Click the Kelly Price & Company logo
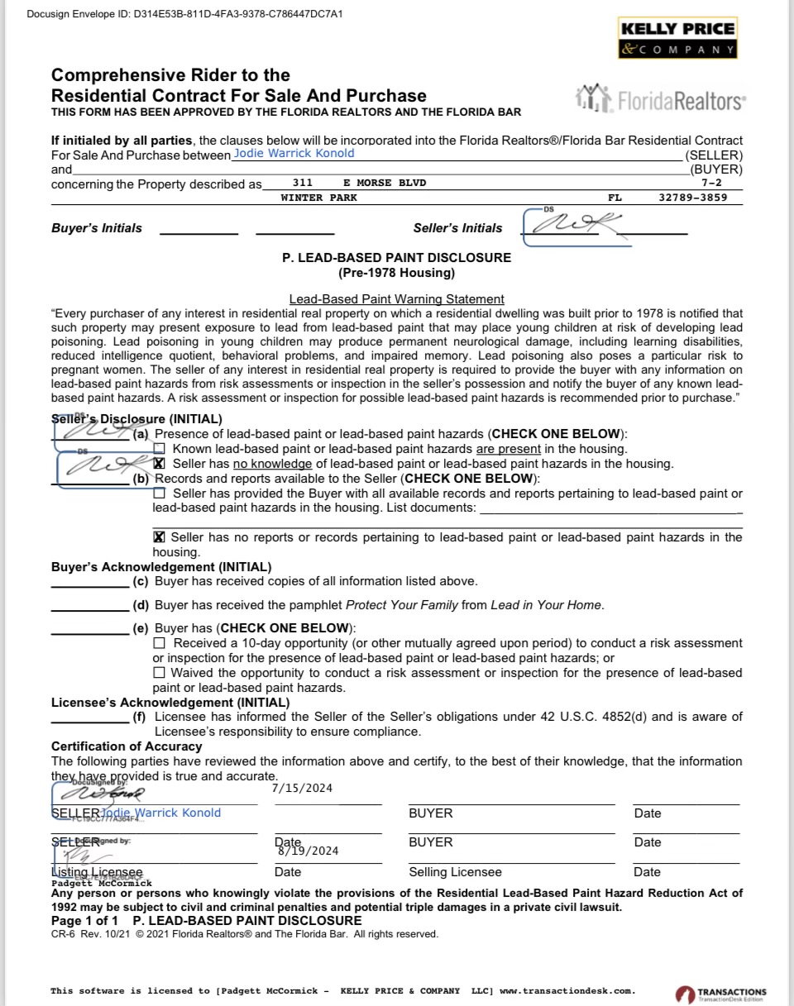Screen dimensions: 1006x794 click(x=677, y=39)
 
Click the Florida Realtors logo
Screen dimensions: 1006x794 click(x=659, y=100)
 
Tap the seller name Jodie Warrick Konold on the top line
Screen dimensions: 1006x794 click(x=294, y=153)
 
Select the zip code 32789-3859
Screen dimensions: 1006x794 click(x=693, y=198)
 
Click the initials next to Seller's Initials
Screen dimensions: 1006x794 click(x=571, y=225)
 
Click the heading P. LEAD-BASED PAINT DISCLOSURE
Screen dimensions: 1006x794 click(x=396, y=258)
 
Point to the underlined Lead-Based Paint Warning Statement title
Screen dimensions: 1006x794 click(x=396, y=299)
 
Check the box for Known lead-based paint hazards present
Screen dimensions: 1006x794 click(x=160, y=449)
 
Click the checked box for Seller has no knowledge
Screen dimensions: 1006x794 click(x=160, y=464)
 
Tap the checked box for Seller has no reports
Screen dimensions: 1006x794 click(x=160, y=537)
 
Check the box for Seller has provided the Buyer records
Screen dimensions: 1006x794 click(x=160, y=493)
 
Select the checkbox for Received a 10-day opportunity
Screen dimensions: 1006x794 click(x=160, y=643)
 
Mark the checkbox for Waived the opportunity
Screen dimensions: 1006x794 click(x=160, y=673)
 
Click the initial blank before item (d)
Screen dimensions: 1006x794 click(x=89, y=605)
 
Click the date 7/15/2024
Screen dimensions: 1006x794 click(x=302, y=788)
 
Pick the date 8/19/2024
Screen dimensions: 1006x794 click(x=308, y=851)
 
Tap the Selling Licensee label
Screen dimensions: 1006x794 click(x=455, y=872)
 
